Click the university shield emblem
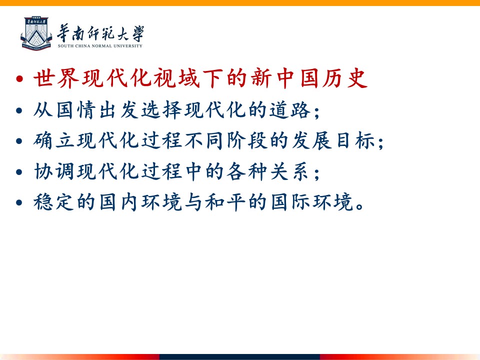(x=36, y=33)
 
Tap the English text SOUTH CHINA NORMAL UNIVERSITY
(x=100, y=46)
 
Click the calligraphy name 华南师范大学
(x=100, y=33)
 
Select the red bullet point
(x=19, y=79)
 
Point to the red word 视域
(x=176, y=78)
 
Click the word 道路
(x=290, y=110)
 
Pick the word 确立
(x=54, y=141)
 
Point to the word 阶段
(x=247, y=141)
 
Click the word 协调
(x=54, y=171)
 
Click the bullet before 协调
(x=19, y=172)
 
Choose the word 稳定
(x=54, y=202)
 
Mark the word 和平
(x=225, y=202)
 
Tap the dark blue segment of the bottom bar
(x=239, y=357)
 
